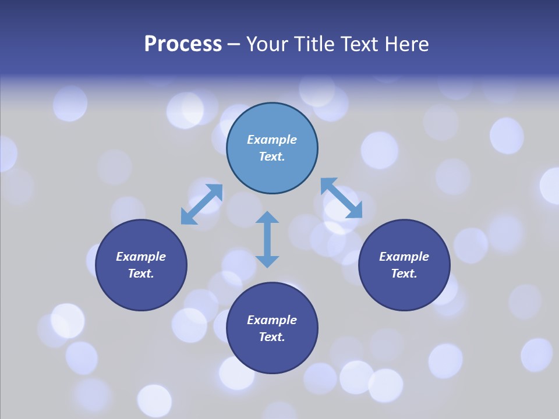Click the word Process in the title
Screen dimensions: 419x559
(x=183, y=44)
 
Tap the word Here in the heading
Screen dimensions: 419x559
(x=405, y=44)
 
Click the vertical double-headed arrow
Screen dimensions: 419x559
(x=267, y=240)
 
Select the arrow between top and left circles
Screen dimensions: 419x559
(x=201, y=204)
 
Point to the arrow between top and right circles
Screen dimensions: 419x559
(x=341, y=198)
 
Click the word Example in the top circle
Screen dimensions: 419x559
(x=272, y=140)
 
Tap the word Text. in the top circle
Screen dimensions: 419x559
(x=272, y=157)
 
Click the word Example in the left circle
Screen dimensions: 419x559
(x=141, y=257)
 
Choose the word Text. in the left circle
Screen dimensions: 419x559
(x=141, y=274)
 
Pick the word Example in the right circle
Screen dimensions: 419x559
(x=404, y=257)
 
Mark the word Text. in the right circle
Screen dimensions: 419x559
(x=404, y=274)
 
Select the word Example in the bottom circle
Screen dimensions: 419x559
(x=272, y=320)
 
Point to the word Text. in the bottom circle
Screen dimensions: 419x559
(x=272, y=337)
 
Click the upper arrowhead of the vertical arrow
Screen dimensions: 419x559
(x=267, y=218)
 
